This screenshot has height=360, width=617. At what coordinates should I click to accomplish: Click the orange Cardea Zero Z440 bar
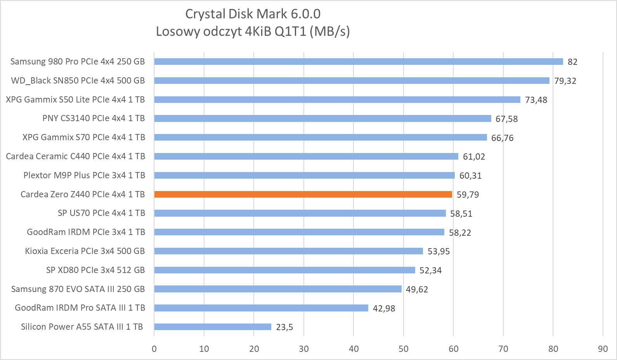coord(303,194)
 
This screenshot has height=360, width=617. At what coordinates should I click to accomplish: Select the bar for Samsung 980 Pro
coord(358,61)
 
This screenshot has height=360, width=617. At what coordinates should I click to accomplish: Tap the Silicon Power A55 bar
coord(212,327)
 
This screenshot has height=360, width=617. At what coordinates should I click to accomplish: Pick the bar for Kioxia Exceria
coord(288,251)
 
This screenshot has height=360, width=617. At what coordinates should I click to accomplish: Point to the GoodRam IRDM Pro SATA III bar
coord(261,308)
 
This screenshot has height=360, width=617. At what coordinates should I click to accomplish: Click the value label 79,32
coord(565,81)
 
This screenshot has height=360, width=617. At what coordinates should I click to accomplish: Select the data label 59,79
coord(468,195)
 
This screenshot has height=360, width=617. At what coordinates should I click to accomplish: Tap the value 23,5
coord(284,327)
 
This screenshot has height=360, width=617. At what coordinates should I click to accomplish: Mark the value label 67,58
coord(506,119)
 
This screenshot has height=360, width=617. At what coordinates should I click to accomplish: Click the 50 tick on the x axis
coord(404,349)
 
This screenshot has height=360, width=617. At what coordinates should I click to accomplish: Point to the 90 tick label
coord(603,349)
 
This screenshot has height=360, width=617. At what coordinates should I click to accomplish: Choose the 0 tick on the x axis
coord(154,349)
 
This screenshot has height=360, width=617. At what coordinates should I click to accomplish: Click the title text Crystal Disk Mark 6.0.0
coord(253,14)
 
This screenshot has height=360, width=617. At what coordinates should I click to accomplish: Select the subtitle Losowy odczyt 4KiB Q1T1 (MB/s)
coord(253,31)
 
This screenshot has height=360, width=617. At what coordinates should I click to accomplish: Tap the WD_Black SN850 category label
coord(78,80)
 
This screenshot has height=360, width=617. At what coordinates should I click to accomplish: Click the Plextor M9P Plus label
coord(84,175)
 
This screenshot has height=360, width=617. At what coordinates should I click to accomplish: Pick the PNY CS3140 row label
coord(94,118)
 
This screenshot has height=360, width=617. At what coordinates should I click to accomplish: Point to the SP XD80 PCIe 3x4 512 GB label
coord(95,270)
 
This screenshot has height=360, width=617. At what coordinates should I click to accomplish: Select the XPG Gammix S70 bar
coord(320,137)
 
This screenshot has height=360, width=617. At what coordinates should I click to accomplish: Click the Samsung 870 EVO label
coord(78,289)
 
